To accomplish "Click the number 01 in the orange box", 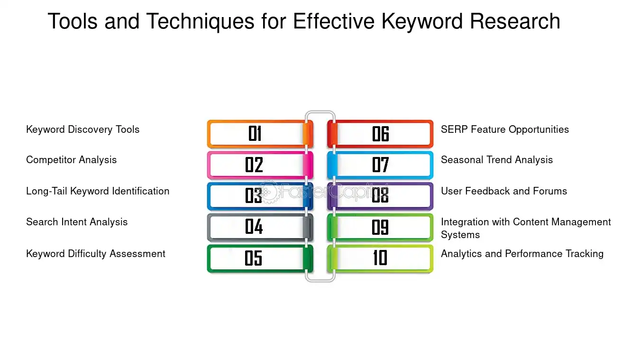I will tap(255, 134).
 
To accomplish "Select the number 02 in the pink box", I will tap(254, 165).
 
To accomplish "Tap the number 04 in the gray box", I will tap(254, 227).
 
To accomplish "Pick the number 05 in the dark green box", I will tap(254, 258).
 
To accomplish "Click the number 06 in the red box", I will tap(380, 134).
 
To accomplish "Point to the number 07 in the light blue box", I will tap(380, 165).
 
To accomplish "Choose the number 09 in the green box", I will tap(380, 227).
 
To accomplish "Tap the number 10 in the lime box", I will tap(380, 258).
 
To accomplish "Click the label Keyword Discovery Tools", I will tap(82, 129).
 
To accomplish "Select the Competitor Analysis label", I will tap(71, 160).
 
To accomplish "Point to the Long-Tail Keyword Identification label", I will tap(98, 191).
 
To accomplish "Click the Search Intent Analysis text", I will tap(77, 222).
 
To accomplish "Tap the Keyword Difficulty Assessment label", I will tap(96, 254).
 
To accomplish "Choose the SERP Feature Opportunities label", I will tap(505, 129).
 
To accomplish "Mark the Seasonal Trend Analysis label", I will tap(497, 160).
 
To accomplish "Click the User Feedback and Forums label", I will tap(504, 191).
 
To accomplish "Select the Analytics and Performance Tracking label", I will tap(522, 254).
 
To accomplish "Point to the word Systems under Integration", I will tap(460, 235).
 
